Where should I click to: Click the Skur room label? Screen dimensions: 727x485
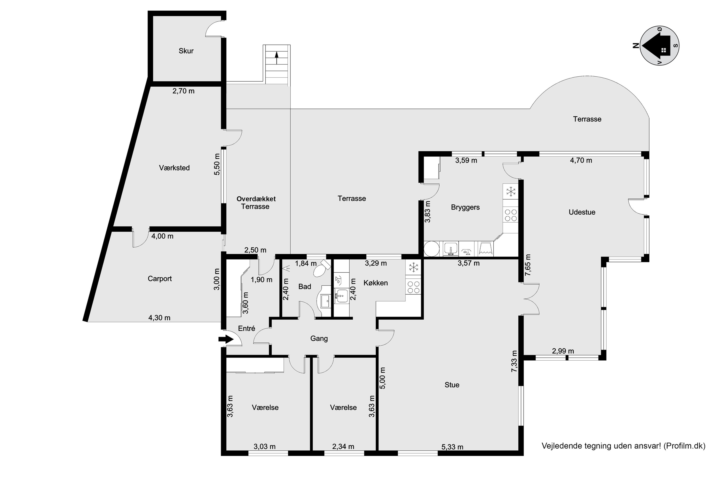tap(186, 51)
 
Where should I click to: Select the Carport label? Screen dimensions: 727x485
tap(159, 278)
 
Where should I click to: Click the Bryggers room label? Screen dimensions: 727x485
tap(465, 207)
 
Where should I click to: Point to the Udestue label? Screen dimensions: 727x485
tap(582, 212)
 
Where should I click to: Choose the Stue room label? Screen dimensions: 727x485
tap(452, 385)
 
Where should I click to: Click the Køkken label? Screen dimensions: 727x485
tap(376, 283)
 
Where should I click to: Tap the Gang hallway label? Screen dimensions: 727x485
tap(319, 338)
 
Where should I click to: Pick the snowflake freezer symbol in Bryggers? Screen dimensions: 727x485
tap(511, 192)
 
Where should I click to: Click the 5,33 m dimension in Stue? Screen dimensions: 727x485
tap(452, 447)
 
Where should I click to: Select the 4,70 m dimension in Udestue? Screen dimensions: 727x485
tap(581, 160)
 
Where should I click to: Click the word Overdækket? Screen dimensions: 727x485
tap(256, 199)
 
